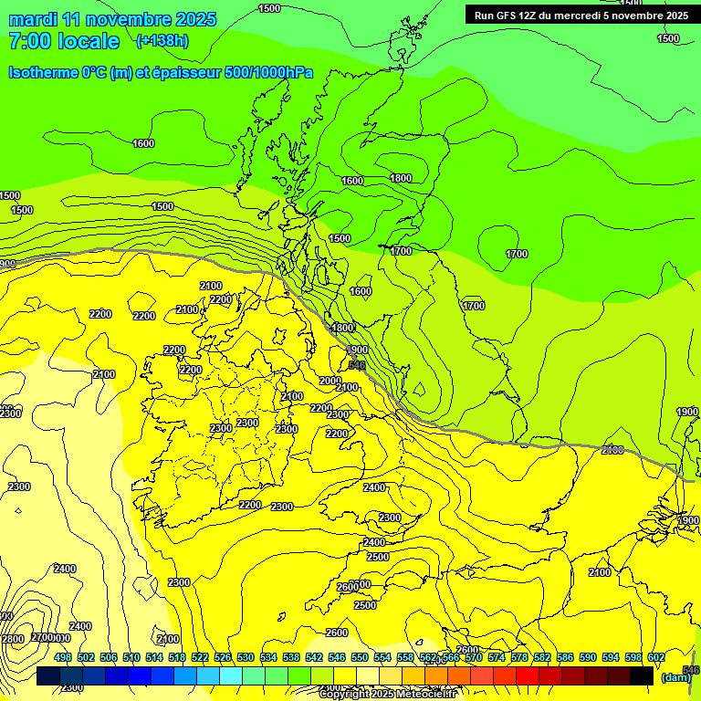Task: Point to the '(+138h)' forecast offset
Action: (162, 41)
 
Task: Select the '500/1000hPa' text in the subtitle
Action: (274, 72)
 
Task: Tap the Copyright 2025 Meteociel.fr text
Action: (387, 694)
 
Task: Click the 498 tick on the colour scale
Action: (63, 657)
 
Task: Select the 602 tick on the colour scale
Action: (655, 657)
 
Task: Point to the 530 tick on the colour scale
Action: (246, 657)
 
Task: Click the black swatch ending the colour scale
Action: (641, 675)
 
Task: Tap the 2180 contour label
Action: (613, 449)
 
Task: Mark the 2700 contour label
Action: (43, 637)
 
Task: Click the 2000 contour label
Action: (330, 381)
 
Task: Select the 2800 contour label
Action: (11, 639)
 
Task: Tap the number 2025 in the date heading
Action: (194, 19)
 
